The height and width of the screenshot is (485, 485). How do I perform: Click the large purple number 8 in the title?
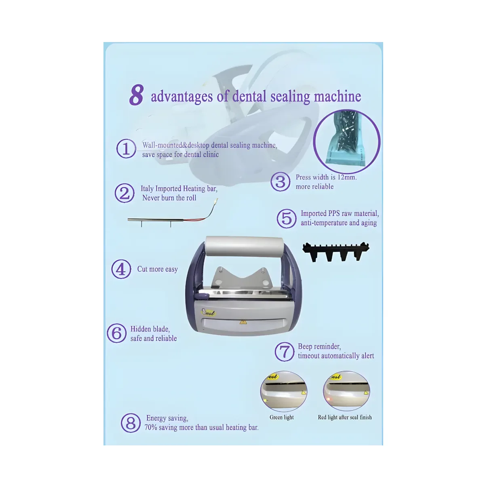(137, 95)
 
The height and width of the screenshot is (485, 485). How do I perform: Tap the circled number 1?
(126, 148)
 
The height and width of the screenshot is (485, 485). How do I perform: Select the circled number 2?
(124, 193)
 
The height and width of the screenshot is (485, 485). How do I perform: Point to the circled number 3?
(280, 182)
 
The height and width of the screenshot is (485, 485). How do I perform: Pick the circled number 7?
(285, 352)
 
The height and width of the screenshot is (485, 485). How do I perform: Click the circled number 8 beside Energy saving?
(131, 423)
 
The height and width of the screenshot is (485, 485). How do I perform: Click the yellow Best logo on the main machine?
(209, 312)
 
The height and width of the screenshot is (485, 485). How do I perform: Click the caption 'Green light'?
(282, 417)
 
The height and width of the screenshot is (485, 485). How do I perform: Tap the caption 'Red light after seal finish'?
(345, 417)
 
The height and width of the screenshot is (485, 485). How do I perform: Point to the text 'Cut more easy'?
(158, 269)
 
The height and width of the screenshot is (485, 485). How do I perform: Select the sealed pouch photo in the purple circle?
(346, 141)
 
